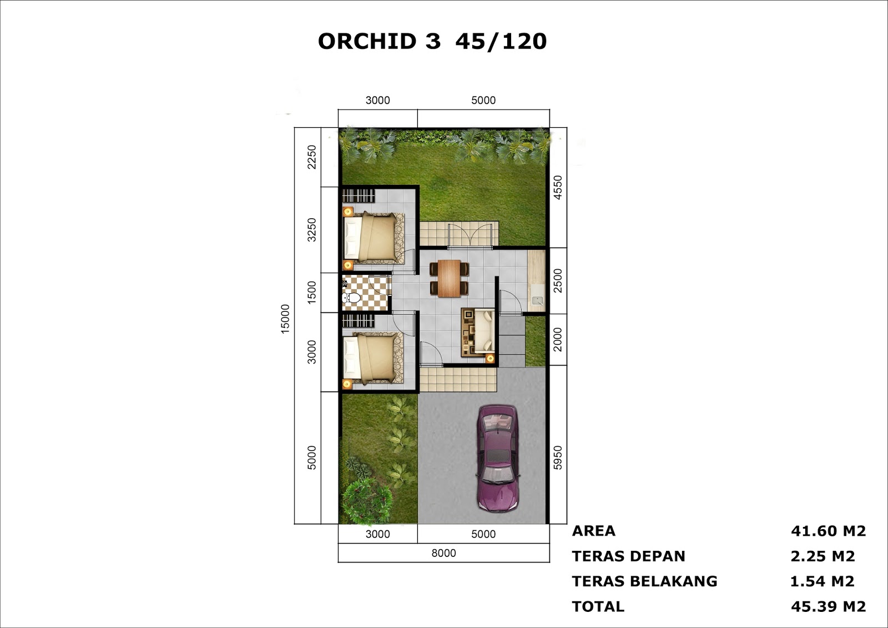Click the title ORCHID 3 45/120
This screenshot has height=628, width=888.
pos(432,42)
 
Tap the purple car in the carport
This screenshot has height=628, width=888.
pos(498,458)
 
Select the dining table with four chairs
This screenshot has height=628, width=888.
pos(449,278)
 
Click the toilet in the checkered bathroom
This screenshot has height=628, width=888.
pos(352,299)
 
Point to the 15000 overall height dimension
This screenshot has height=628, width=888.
pos(285,319)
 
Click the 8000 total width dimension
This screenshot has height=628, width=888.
pos(443,553)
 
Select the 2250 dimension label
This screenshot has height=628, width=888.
pos(312,157)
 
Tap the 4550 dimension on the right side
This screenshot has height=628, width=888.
pos(558,187)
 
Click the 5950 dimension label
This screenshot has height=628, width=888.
pos(558,458)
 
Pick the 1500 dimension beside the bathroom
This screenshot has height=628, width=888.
pos(312,292)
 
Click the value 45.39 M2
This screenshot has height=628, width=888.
pos(828,606)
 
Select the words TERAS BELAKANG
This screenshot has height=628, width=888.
pos(644,581)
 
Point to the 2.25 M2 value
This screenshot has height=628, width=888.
pos(823,556)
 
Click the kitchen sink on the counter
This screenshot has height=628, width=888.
pos(537,301)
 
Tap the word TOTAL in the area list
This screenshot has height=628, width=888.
pos(598,606)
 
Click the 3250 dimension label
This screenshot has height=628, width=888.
pos(312,229)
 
